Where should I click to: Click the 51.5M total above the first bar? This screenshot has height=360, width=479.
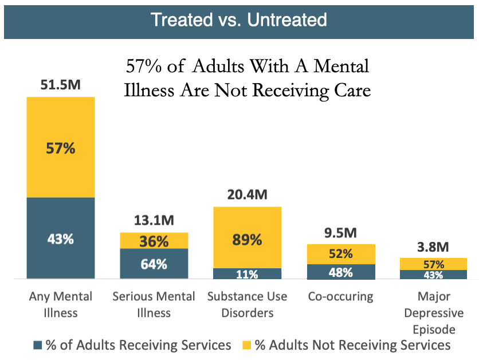coord(61,85)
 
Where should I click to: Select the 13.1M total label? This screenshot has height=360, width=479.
coord(154,221)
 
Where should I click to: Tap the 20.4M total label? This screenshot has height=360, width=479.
coord(248,195)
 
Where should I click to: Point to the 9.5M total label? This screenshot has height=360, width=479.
coord(341,233)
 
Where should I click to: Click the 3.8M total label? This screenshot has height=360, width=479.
coord(434,247)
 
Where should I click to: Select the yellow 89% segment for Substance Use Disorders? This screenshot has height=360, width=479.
coord(248,238)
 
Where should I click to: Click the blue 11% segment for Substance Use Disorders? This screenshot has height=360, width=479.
coord(248,273)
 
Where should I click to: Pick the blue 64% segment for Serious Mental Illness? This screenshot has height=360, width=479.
coord(154,264)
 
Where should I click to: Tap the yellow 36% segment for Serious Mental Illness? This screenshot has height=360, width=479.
coord(154,241)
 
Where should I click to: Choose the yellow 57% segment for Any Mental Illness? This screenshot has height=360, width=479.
coord(61,148)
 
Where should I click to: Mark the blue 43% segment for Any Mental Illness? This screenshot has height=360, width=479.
coord(61,238)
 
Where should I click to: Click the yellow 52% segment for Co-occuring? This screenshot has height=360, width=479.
coord(341,254)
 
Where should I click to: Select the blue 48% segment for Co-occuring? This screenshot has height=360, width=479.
coord(341,272)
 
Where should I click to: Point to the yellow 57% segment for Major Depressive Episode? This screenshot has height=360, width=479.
coord(434,264)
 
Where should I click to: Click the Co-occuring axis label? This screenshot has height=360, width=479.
coord(341,296)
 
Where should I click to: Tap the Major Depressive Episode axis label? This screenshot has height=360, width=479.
coord(434,313)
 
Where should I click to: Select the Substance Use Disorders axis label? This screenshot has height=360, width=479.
coord(248,304)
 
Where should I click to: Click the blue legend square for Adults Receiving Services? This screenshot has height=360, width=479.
coord(38,345)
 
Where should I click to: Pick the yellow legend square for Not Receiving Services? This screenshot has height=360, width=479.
coord(247,345)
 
